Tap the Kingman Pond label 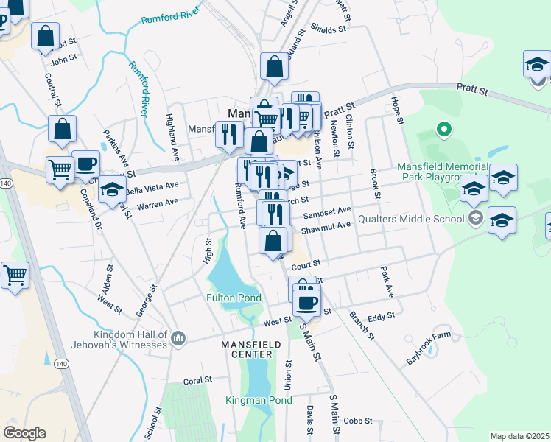259,401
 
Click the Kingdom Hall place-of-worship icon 178,339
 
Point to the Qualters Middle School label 411,219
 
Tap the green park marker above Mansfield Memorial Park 443,131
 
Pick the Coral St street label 197,380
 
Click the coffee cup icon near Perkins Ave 85,164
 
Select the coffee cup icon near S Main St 307,301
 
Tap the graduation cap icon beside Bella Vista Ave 113,191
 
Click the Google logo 24,433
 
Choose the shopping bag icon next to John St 45,36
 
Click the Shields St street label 328,29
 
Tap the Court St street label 306,263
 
